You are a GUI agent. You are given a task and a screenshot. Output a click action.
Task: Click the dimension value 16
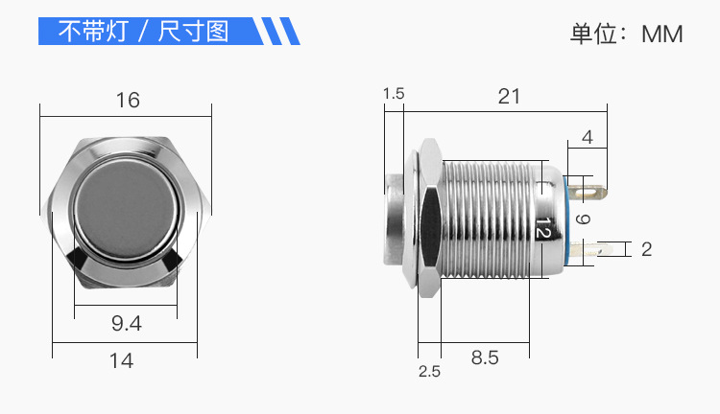click(128, 100)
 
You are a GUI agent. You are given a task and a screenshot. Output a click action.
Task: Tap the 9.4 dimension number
click(126, 324)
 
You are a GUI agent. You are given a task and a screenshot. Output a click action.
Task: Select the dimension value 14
click(121, 360)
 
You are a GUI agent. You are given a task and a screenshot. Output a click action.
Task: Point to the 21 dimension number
click(509, 96)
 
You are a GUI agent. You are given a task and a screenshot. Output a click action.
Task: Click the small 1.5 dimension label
click(394, 93)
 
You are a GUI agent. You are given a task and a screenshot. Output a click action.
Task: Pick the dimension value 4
click(588, 137)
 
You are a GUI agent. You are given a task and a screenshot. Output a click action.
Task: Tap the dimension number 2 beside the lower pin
click(646, 249)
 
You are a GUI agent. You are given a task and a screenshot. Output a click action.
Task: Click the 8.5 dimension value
click(485, 357)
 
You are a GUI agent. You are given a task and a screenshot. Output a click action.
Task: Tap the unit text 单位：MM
click(626, 34)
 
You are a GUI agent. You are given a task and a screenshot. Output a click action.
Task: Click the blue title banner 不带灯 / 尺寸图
click(144, 32)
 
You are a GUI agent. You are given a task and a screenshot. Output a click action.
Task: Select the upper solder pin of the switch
click(593, 192)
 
